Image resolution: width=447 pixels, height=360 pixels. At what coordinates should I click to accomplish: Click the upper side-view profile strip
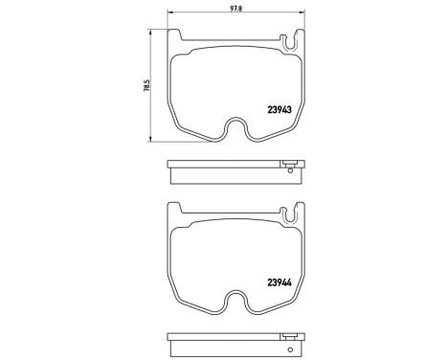(234, 172)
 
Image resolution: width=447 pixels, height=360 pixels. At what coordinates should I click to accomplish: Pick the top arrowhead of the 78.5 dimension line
(155, 31)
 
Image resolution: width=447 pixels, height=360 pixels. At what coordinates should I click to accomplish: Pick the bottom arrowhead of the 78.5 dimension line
(155, 139)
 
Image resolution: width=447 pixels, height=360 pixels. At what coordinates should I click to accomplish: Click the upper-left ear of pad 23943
(174, 36)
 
